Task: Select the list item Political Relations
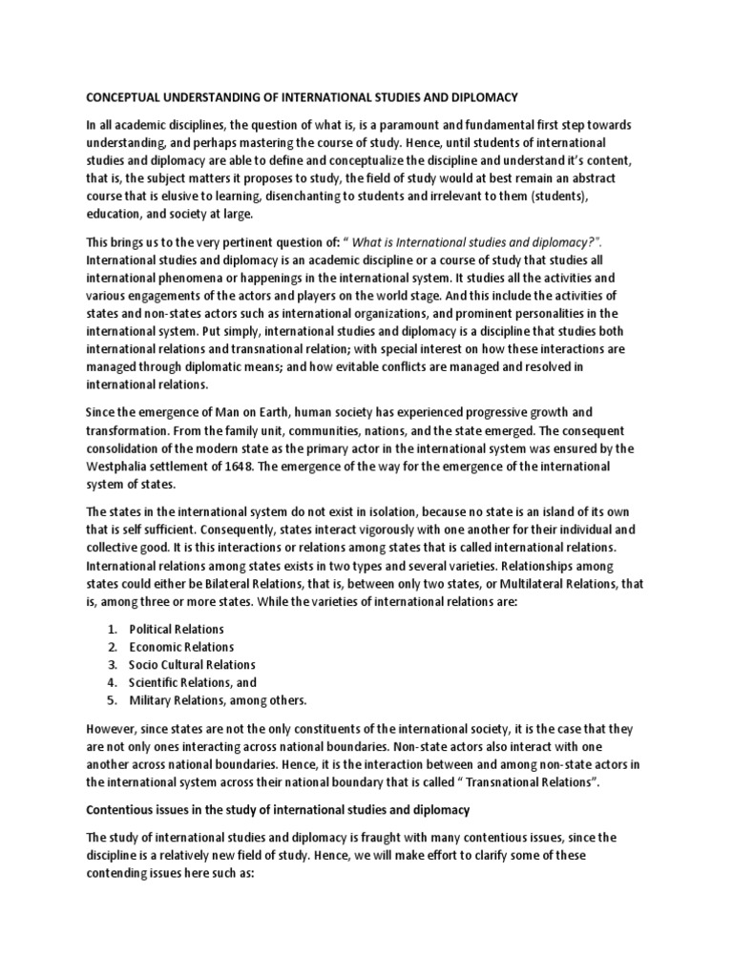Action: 177,630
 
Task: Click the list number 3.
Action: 112,665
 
